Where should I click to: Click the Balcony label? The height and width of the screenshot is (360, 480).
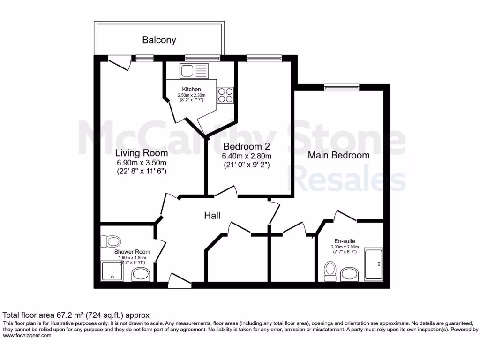coord(159,40)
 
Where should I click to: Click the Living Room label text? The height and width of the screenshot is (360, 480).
coord(142,153)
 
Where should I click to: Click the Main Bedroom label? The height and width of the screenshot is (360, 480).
coord(338,155)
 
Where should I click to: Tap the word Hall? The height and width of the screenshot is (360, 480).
coord(212,216)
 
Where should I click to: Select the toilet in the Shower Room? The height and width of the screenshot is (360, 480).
coord(111,242)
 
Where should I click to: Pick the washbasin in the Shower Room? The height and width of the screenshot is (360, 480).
coord(140,274)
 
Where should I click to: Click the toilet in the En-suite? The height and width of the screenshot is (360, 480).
coord(331,271)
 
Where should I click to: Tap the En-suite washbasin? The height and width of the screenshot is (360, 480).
coord(350,273)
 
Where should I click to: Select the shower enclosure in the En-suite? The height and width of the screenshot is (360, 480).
coord(374,264)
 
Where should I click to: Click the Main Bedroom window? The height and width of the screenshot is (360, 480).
coord(342,87)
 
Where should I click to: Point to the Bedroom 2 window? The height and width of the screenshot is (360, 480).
coord(264,58)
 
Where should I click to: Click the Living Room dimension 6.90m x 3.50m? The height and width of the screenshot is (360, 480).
coord(142,162)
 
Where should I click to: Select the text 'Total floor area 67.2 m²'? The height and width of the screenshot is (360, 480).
coord(55,315)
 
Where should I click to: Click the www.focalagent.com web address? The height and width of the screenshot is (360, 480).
coord(27,336)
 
